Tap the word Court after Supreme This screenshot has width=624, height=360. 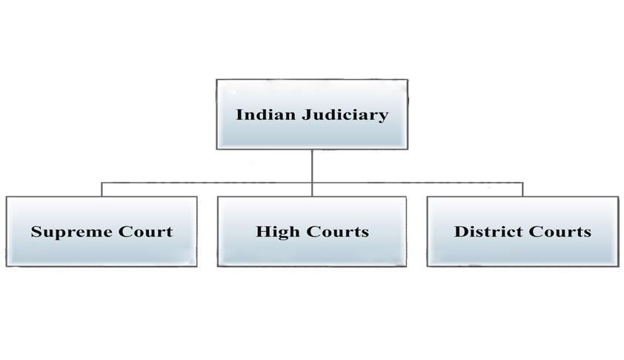(x=145, y=231)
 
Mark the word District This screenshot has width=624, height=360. (x=485, y=231)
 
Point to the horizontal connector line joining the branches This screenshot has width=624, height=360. (x=208, y=182)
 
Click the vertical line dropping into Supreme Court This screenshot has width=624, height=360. (x=102, y=189)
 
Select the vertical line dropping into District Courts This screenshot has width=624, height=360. (x=522, y=189)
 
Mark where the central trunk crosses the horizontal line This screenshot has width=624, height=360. (x=312, y=182)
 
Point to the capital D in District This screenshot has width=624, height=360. (x=459, y=231)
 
